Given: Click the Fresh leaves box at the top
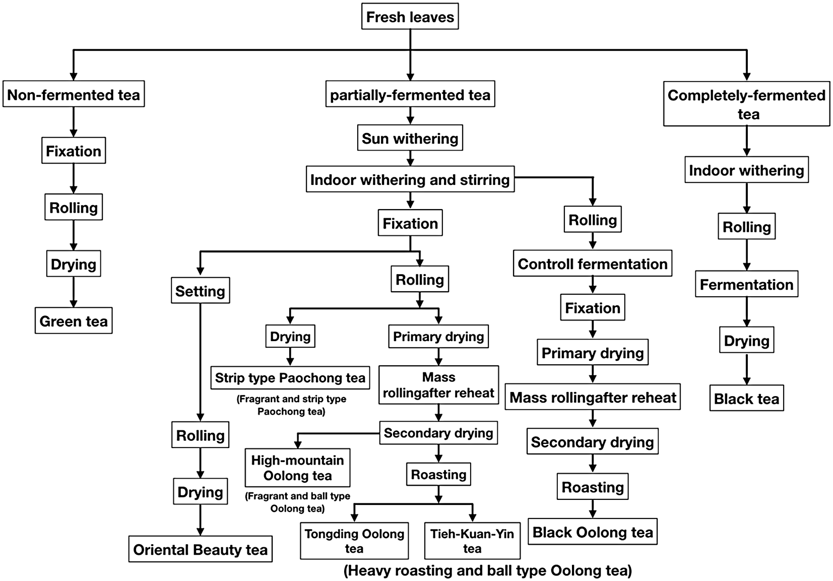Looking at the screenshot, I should click(410, 17).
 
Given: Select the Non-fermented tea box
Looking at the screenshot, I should click(74, 95).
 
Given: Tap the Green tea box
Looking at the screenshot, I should click(74, 321).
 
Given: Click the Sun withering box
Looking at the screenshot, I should click(410, 139).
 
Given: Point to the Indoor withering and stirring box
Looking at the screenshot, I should click(410, 180).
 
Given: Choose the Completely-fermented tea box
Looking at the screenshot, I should click(746, 104).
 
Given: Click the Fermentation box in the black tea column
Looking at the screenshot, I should click(746, 285).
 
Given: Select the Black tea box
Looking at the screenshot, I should click(746, 399).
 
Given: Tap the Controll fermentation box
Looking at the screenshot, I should click(592, 264).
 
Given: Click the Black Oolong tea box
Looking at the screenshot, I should click(592, 532).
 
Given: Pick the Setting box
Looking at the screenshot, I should click(200, 291).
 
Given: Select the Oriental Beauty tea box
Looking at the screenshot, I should click(200, 549).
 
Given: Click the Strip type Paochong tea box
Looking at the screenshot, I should click(290, 378).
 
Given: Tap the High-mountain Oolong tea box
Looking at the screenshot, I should click(297, 468).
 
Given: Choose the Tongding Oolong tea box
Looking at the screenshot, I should click(354, 541).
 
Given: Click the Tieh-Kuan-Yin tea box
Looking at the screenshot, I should click(472, 541).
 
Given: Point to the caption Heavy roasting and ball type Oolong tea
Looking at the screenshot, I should click(487, 570).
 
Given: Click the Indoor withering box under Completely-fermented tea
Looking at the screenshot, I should click(746, 170).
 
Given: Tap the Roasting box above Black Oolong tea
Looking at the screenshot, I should click(592, 487).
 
